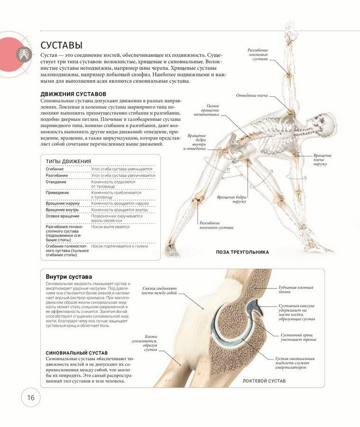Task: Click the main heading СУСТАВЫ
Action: [x=61, y=45]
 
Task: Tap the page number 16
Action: [x=30, y=398]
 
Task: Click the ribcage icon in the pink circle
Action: [x=22, y=54]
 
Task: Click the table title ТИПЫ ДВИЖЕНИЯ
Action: [x=68, y=161]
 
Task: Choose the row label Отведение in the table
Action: [x=56, y=182]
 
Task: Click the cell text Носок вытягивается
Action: [x=110, y=227]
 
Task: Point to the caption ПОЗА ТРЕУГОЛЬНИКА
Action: [x=242, y=252]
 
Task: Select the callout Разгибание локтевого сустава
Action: [x=258, y=55]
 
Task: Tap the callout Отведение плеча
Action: [x=252, y=95]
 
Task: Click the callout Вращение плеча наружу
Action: [x=323, y=159]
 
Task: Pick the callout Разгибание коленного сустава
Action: [x=216, y=225]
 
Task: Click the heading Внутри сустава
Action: [x=69, y=276]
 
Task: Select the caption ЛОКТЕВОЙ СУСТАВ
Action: [x=264, y=381]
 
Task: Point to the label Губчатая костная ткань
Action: [x=296, y=290]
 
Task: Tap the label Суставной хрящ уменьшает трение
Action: [x=298, y=337]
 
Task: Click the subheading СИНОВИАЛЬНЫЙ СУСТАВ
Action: [x=76, y=353]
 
